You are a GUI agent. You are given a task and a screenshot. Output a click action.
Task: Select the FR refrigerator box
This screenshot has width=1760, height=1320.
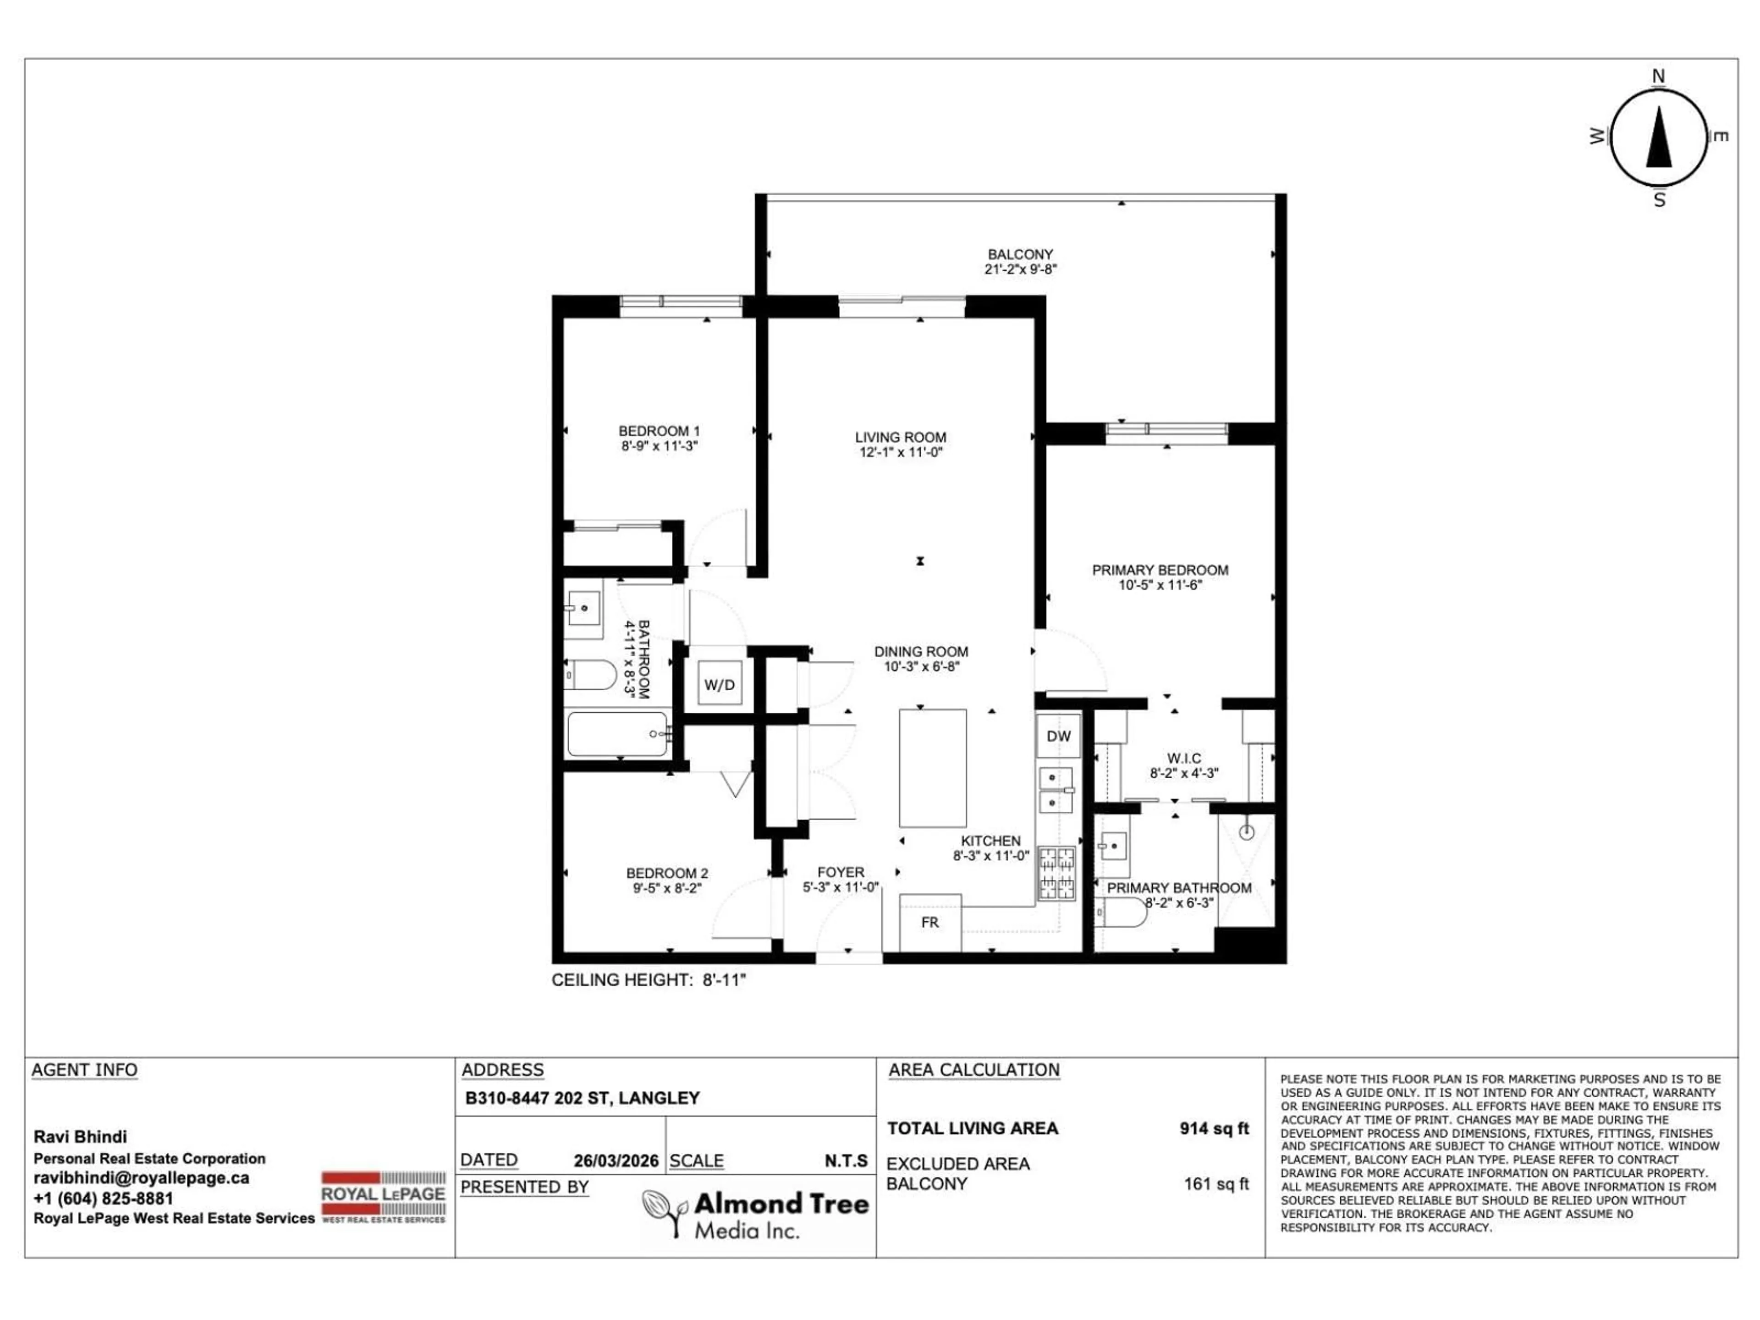(x=929, y=922)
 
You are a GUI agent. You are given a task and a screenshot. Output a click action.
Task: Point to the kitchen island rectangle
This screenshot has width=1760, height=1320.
(x=933, y=768)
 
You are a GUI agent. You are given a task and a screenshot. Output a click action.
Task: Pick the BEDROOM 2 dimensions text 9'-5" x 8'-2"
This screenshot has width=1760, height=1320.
(x=667, y=888)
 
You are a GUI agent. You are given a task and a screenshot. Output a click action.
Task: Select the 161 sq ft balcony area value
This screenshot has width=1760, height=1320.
(x=1216, y=1184)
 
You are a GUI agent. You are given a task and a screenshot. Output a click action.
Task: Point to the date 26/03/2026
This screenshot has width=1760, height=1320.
(x=616, y=1161)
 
